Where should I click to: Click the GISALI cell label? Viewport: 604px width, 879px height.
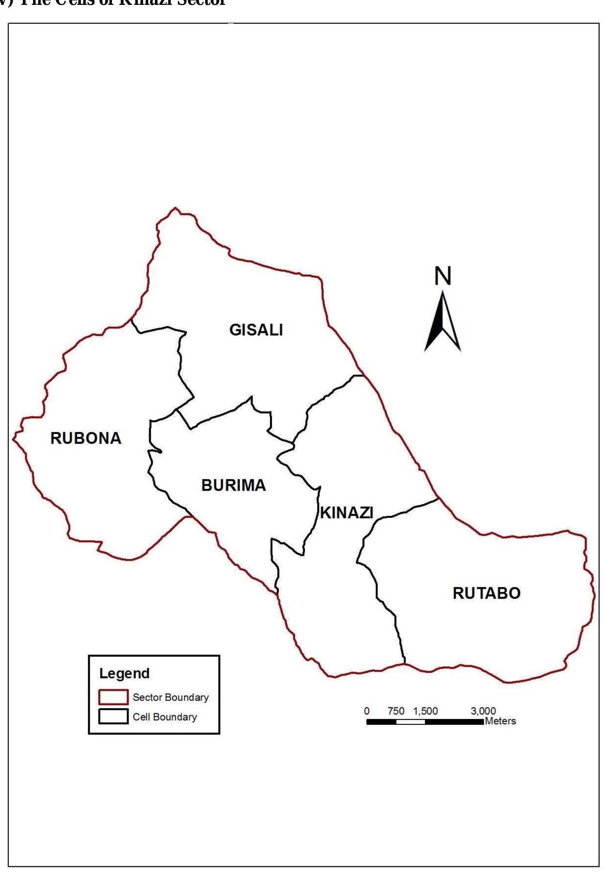(x=256, y=330)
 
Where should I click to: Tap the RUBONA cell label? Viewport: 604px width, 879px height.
(x=86, y=438)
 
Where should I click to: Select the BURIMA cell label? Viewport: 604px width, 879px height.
(x=234, y=485)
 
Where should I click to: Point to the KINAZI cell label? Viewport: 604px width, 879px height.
(x=347, y=513)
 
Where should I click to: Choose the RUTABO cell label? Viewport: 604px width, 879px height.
(x=486, y=593)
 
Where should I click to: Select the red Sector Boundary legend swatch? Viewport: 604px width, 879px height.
(x=113, y=697)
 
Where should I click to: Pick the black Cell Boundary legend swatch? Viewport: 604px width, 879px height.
(x=113, y=717)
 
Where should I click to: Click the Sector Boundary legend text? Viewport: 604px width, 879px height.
(x=171, y=698)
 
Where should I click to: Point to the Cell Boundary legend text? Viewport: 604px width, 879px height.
(x=165, y=717)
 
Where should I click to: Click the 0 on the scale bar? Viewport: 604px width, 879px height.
(x=366, y=711)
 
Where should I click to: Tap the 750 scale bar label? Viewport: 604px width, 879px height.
(x=396, y=711)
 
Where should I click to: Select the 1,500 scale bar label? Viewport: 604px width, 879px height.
(x=425, y=711)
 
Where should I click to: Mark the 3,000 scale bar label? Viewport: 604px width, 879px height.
(x=483, y=711)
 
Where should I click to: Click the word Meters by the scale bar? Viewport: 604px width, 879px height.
(x=500, y=721)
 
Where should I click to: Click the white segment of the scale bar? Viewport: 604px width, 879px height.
(x=410, y=722)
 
